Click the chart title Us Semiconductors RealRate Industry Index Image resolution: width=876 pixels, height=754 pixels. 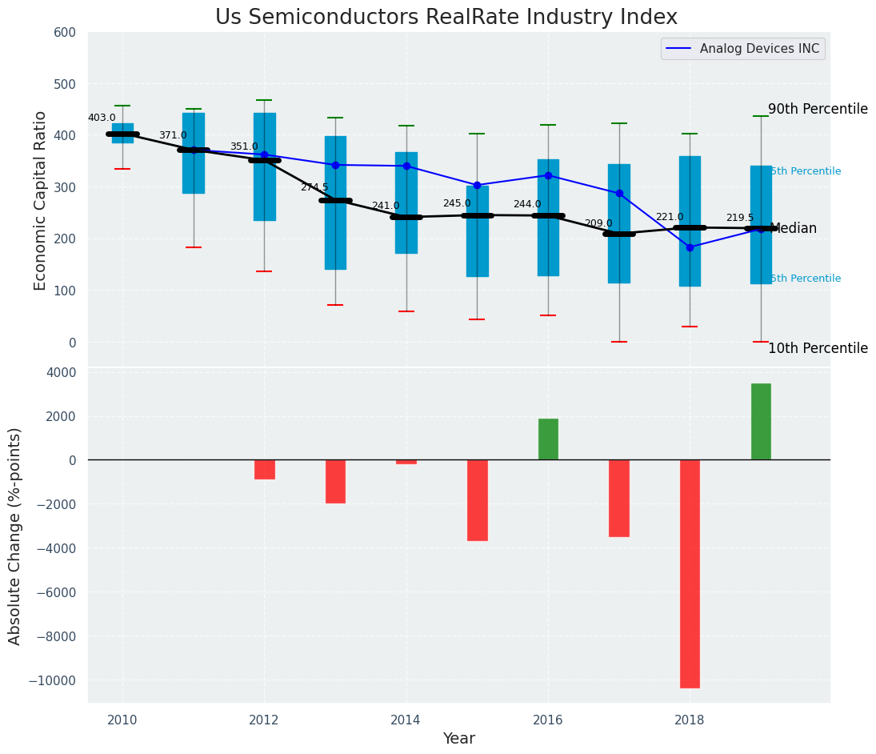click(446, 18)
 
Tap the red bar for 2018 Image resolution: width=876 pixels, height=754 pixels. click(690, 573)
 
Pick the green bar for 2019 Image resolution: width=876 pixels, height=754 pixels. click(761, 422)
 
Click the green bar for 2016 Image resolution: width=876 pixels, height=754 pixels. click(548, 439)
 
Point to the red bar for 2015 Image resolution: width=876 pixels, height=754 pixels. click(478, 499)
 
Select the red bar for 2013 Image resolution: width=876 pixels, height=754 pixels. click(335, 481)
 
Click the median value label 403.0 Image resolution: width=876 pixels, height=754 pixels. click(102, 118)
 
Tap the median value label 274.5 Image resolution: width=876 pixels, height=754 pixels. click(314, 187)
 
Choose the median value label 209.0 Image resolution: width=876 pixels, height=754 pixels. click(598, 224)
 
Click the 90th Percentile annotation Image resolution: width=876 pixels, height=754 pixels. click(818, 110)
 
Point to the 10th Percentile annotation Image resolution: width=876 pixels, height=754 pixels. click(818, 349)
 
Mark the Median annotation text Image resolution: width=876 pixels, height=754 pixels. click(793, 229)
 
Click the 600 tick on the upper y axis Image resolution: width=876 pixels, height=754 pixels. click(65, 33)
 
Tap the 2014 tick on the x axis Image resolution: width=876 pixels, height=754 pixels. click(406, 720)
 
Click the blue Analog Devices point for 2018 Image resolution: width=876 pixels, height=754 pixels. click(690, 247)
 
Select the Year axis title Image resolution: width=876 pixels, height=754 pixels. click(459, 739)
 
